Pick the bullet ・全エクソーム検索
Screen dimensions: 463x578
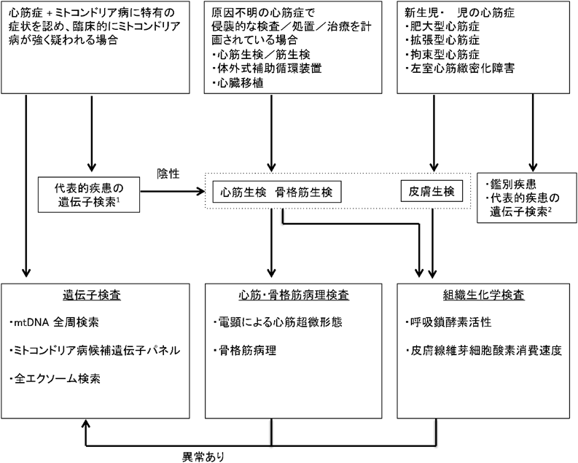(56, 380)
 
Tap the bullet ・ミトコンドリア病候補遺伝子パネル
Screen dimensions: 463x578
(95, 351)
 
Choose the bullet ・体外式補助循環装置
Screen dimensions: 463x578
(261, 69)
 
